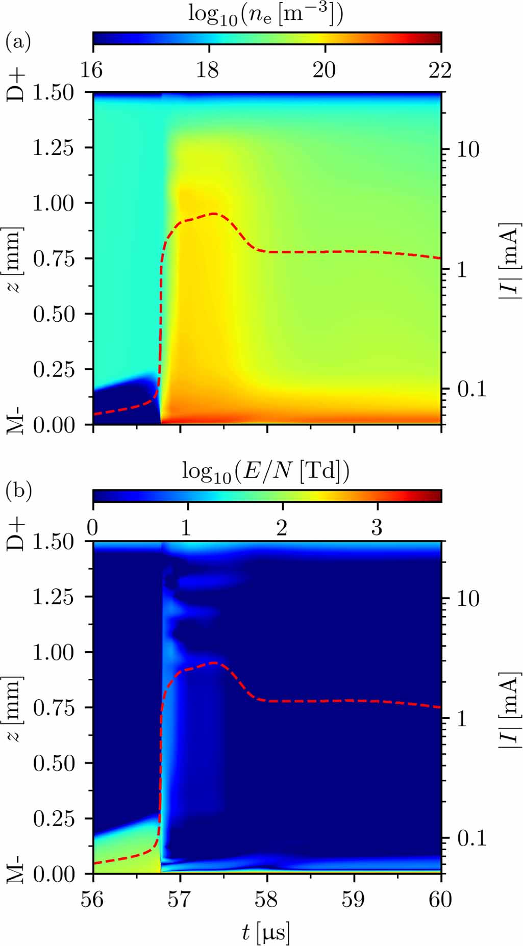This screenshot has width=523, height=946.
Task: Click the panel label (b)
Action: point(18,491)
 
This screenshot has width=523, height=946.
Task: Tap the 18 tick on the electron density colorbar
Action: point(208,70)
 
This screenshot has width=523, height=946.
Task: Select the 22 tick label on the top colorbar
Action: point(440,70)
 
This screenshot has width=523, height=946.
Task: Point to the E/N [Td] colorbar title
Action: point(265,471)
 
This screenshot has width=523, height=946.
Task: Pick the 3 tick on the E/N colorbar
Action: point(377,528)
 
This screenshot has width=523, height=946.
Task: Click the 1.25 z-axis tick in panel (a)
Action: point(53,148)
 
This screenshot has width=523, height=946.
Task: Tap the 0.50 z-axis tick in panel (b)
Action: point(53,763)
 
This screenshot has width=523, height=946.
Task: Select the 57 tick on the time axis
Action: point(180,900)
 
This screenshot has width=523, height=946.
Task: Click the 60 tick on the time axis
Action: point(440,900)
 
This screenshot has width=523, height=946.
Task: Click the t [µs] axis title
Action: point(265,932)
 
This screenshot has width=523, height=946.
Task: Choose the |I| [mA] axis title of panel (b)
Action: point(511,707)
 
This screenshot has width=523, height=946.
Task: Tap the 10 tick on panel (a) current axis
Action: point(467,150)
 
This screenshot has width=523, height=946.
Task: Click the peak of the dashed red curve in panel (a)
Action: point(213,214)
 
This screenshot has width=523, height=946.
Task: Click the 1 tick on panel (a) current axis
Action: point(462,270)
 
